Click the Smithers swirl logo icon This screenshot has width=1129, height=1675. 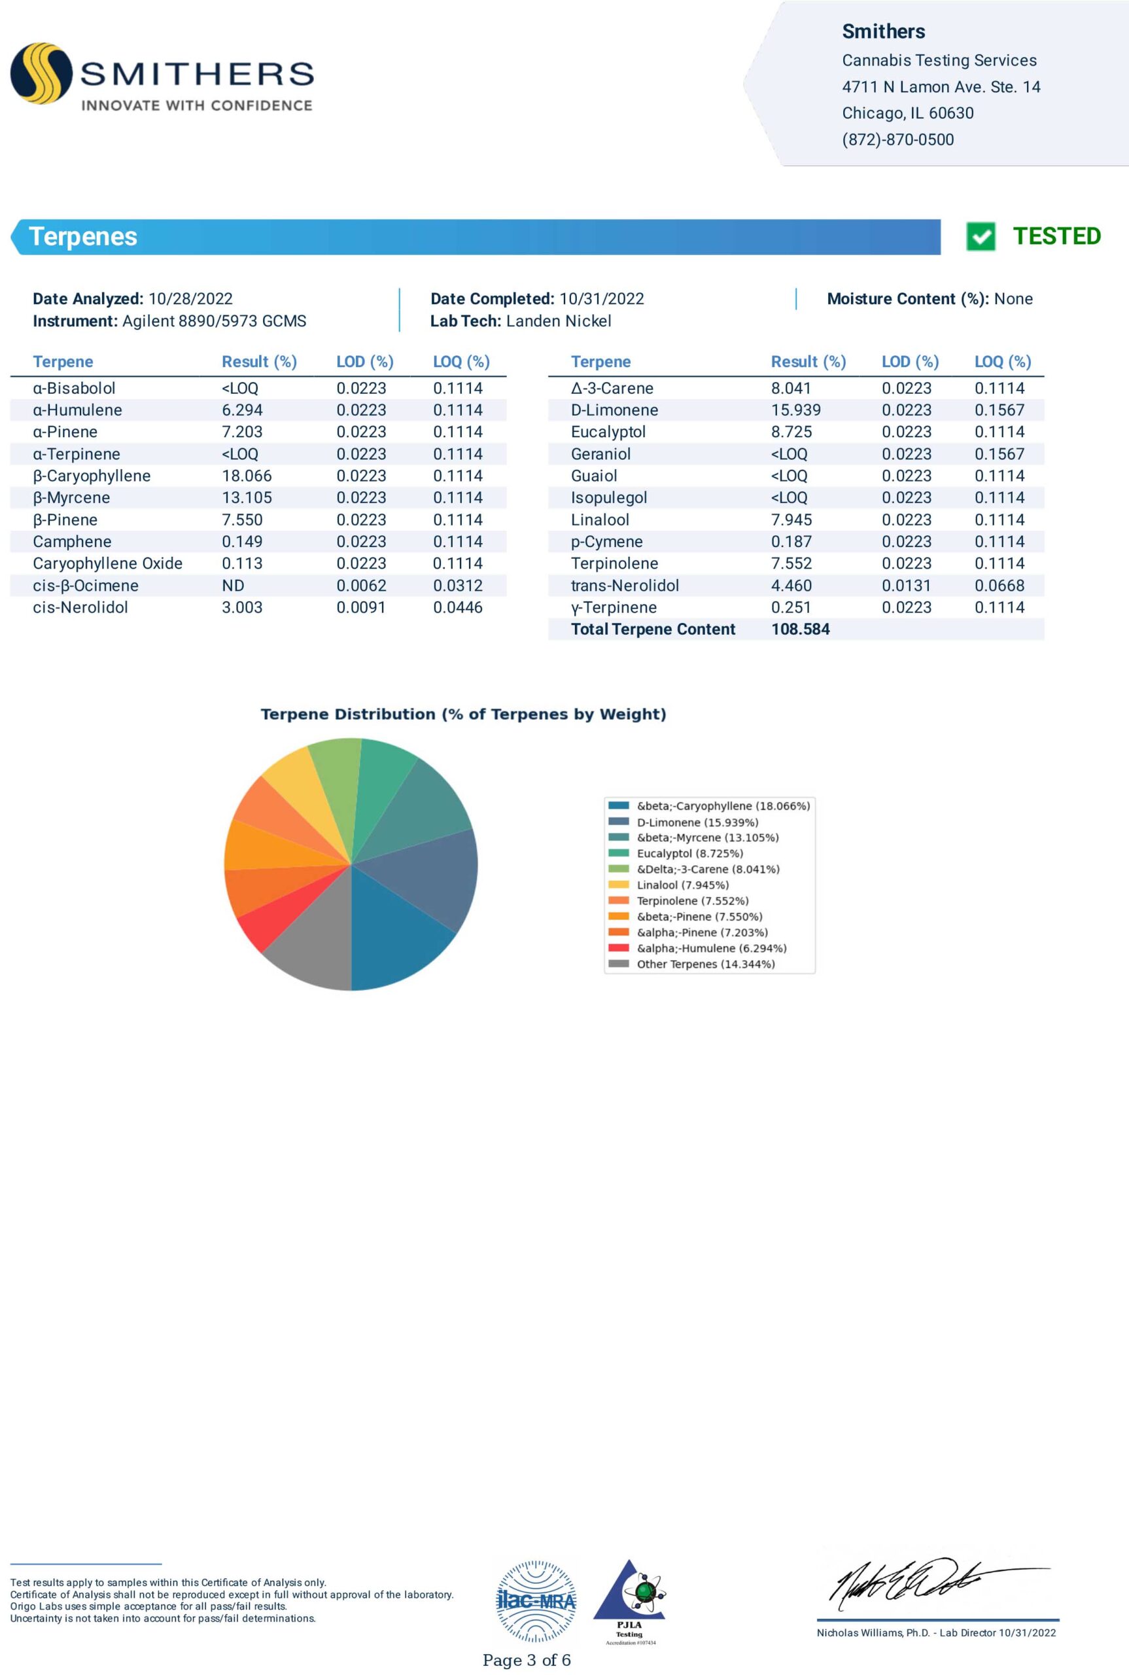[41, 73]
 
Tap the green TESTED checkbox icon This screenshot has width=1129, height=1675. [980, 236]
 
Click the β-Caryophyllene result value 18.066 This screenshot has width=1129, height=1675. [246, 476]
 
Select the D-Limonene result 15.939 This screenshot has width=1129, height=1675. [795, 410]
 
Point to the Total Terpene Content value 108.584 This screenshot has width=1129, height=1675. [800, 629]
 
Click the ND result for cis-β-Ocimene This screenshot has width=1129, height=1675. [233, 586]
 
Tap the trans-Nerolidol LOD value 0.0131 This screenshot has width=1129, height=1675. [906, 586]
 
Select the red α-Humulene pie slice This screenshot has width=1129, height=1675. [262, 925]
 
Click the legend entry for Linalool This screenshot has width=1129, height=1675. [682, 885]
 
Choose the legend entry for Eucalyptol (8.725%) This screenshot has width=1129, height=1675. [689, 853]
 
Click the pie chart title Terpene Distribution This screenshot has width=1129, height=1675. [463, 714]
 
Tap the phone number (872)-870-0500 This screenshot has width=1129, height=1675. [897, 140]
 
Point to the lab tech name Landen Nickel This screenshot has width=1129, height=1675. [558, 321]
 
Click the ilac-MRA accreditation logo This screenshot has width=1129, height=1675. [536, 1602]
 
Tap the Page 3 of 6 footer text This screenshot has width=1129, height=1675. [527, 1660]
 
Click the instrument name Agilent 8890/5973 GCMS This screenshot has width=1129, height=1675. [214, 321]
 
